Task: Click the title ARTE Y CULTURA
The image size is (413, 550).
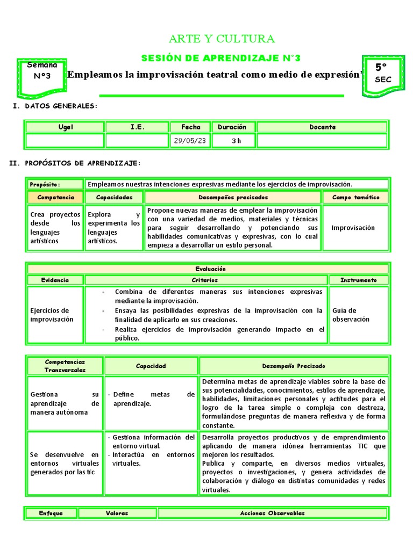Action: (222, 39)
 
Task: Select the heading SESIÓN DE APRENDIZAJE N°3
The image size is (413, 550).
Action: (221, 58)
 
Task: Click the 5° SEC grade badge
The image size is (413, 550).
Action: (383, 73)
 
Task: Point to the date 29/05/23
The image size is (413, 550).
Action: (190, 141)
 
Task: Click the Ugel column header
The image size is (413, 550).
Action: (65, 127)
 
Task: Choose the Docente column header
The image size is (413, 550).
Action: (322, 127)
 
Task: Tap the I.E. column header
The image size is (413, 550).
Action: (137, 127)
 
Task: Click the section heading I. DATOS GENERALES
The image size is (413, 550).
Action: (55, 106)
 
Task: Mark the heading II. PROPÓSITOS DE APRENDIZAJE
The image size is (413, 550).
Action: (75, 163)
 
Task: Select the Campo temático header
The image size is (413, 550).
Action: (355, 198)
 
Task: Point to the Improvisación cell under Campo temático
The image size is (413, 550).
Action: (353, 228)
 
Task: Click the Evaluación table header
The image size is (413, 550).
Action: (210, 269)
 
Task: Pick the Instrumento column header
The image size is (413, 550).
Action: (359, 280)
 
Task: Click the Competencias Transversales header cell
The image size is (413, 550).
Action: (65, 366)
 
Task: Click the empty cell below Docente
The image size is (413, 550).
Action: (322, 141)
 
